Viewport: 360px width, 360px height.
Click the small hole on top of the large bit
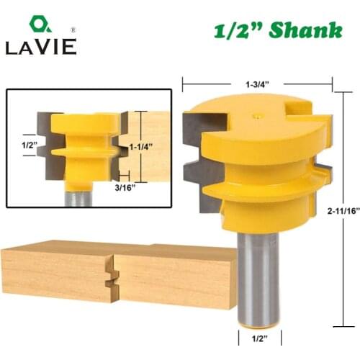coord(257,113)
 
